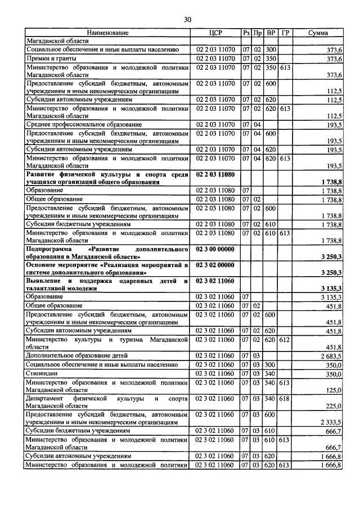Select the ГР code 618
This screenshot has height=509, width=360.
pos(285,399)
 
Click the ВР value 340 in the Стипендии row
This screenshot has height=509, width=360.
pos(271,373)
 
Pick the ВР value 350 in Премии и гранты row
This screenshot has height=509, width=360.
pos(271,58)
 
